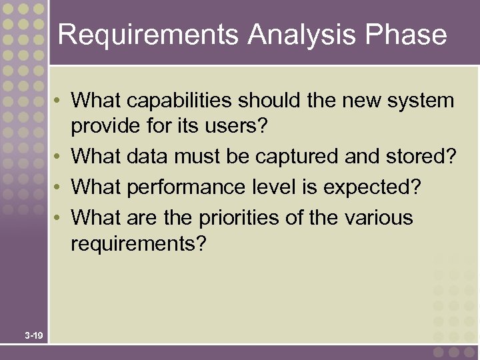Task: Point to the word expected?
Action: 373,188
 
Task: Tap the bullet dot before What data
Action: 60,158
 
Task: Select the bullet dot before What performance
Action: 60,188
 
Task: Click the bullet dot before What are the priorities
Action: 60,218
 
